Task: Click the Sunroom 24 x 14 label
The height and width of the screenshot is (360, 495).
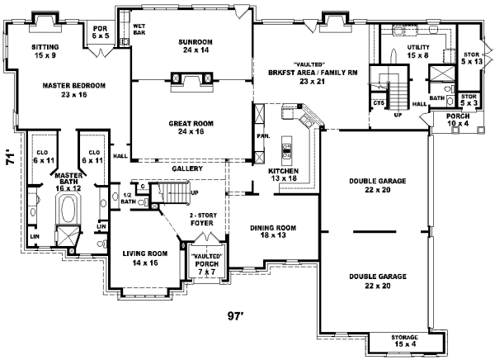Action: (196, 46)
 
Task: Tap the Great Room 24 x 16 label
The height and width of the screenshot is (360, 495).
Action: (191, 127)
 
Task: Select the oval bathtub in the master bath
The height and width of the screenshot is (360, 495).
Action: (68, 209)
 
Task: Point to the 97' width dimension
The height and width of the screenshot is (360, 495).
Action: (236, 316)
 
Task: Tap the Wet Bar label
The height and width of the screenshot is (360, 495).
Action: (139, 29)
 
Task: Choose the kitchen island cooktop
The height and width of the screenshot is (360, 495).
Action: (286, 151)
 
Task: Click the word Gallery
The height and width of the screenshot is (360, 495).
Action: (187, 168)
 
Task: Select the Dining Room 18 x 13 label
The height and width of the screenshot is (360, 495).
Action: (273, 231)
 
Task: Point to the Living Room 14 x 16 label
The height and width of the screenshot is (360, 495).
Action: (145, 258)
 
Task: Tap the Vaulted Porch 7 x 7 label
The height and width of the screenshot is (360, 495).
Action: (207, 263)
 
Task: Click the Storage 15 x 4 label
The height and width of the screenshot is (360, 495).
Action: (405, 341)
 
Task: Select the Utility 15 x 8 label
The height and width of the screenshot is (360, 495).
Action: (418, 51)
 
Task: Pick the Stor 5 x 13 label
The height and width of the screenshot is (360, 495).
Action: (472, 58)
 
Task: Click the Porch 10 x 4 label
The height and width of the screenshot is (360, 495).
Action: (458, 120)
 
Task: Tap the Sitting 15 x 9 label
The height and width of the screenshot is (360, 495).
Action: (45, 51)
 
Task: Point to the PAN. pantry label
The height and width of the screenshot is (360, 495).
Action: (263, 136)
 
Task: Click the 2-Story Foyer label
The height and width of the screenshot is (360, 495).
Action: (203, 219)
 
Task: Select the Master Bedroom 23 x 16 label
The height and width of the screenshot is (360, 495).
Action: (74, 90)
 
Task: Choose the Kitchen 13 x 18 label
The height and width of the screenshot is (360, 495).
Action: (284, 175)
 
